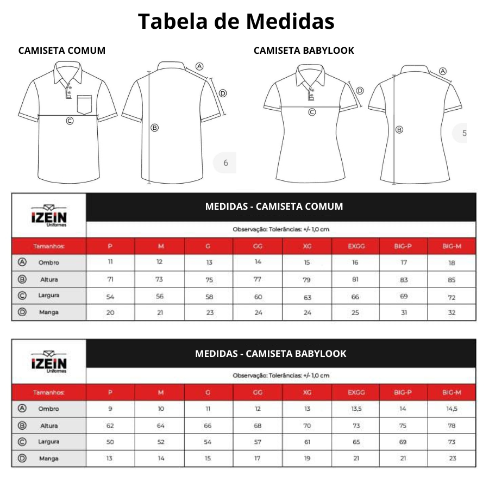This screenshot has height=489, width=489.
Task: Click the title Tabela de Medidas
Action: pyautogui.click(x=236, y=22)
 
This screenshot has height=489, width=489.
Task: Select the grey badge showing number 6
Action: pyautogui.click(x=225, y=162)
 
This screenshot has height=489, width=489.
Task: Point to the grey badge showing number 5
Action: pyautogui.click(x=463, y=133)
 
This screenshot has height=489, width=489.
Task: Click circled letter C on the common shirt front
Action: pyautogui.click(x=70, y=121)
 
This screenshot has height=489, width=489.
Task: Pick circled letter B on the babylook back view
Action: pyautogui.click(x=399, y=129)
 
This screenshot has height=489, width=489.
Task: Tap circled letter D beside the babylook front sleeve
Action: pyautogui.click(x=359, y=91)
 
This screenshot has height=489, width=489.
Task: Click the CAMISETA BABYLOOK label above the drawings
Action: pyautogui.click(x=304, y=51)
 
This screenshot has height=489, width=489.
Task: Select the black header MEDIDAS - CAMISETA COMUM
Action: pyautogui.click(x=274, y=206)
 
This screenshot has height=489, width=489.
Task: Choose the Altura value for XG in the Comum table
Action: pyautogui.click(x=307, y=280)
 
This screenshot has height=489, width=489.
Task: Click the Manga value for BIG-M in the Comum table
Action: pyautogui.click(x=452, y=312)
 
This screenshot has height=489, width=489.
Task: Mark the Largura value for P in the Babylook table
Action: pyautogui.click(x=110, y=442)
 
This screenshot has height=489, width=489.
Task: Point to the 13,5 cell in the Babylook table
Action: pyautogui.click(x=356, y=409)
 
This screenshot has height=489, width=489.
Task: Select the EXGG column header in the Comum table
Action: pyautogui.click(x=356, y=246)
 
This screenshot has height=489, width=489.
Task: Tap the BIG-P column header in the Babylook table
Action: pyautogui.click(x=403, y=392)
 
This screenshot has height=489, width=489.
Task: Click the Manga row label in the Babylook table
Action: pyautogui.click(x=48, y=459)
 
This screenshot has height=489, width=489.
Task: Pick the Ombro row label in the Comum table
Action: pyautogui.click(x=48, y=262)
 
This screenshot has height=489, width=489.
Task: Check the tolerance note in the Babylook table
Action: pyautogui.click(x=281, y=375)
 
